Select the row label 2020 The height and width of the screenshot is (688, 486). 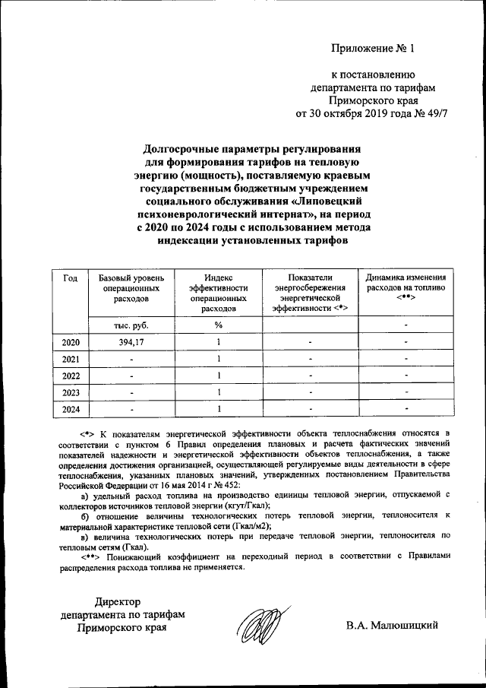pos(70,342)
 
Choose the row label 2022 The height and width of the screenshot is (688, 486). pos(70,376)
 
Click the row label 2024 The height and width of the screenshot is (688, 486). pos(70,409)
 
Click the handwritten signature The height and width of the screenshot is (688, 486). pos(260,628)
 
